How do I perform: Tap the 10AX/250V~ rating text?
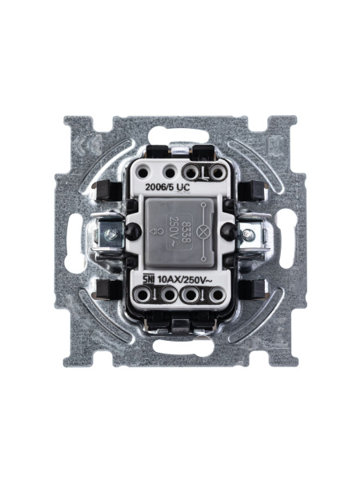pos(182,278)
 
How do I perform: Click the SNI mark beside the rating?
pos(148,278)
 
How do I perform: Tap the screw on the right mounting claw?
pos(248,234)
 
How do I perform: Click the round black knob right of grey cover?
pos(230,231)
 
